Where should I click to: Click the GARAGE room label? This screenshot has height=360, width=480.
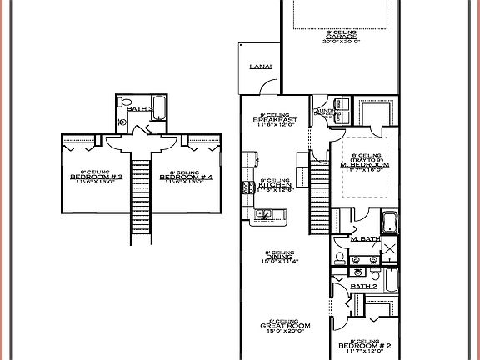(x=342, y=37)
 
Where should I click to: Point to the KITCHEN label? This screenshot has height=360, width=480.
(x=274, y=185)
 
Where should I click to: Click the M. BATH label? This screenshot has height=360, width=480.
(x=363, y=240)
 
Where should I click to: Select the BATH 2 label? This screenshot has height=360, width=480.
(x=362, y=287)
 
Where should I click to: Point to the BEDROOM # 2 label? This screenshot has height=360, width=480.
(x=366, y=345)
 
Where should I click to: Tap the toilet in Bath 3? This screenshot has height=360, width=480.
(x=123, y=121)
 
